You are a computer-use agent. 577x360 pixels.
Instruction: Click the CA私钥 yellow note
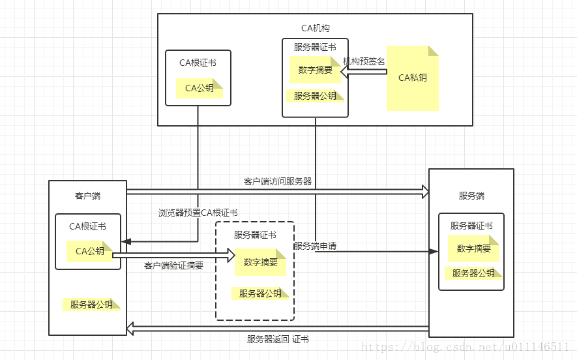(x=413, y=78)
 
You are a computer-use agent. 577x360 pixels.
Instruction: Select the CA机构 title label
(x=316, y=28)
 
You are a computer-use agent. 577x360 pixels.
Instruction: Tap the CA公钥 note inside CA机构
(x=200, y=88)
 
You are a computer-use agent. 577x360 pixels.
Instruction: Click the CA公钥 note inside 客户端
(x=90, y=251)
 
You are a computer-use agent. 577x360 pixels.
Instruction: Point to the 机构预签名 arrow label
(x=364, y=61)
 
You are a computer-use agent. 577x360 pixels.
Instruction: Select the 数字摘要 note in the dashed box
(x=261, y=262)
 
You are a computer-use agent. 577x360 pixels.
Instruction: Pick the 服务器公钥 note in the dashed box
(x=260, y=293)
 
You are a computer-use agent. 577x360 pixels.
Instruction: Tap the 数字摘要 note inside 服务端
(x=473, y=248)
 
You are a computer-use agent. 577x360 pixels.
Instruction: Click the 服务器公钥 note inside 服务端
(x=473, y=273)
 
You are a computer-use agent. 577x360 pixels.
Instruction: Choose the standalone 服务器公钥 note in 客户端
(x=91, y=305)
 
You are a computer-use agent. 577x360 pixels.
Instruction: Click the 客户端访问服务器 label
(x=278, y=181)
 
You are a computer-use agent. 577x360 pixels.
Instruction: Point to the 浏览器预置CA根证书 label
(x=198, y=213)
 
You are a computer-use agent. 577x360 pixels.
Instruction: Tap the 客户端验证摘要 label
(x=173, y=265)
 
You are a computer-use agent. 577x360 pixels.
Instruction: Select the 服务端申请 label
(x=315, y=246)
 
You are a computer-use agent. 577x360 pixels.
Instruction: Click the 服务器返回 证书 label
(x=278, y=339)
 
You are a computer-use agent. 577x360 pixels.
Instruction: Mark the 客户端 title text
(x=87, y=196)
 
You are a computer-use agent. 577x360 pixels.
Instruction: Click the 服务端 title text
(x=471, y=196)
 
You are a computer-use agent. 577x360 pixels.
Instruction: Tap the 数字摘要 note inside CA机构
(x=316, y=70)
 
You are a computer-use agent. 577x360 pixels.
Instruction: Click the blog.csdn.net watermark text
(x=465, y=347)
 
